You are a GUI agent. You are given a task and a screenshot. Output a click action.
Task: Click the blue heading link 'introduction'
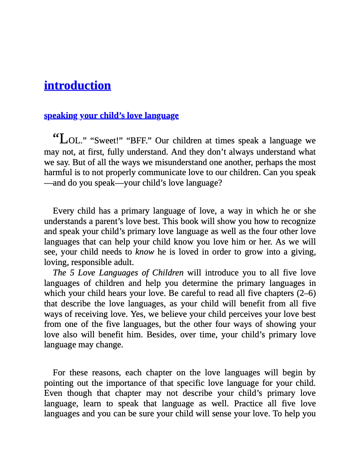click(77, 85)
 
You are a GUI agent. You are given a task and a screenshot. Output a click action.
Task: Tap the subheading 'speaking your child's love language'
click(111, 115)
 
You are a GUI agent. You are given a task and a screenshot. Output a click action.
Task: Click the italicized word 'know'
click(145, 252)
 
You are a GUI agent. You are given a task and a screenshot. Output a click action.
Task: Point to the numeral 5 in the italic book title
click(73, 273)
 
